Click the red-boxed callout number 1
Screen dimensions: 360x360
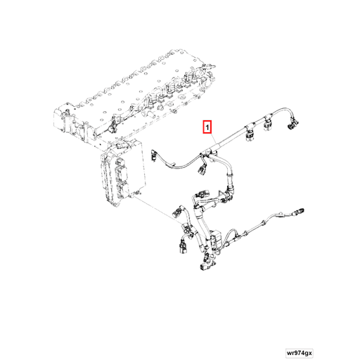[207, 127]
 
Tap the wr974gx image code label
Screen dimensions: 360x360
[300, 353]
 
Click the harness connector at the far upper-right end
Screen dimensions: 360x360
[292, 123]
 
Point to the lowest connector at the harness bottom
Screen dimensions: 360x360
[205, 267]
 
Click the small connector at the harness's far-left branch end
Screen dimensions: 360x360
[154, 155]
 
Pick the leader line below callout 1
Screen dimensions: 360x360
[213, 139]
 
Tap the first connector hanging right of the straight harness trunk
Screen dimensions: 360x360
[250, 136]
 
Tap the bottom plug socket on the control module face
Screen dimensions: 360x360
[123, 190]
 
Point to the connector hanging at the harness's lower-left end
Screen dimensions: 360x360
[182, 248]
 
